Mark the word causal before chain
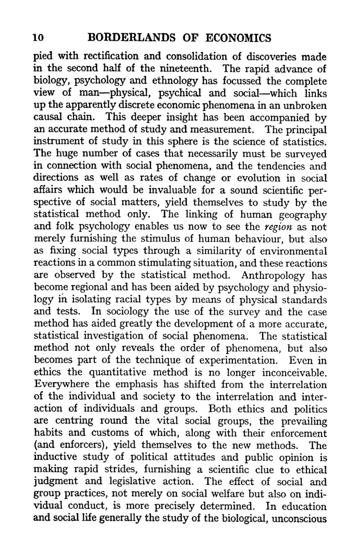point(48,118)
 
